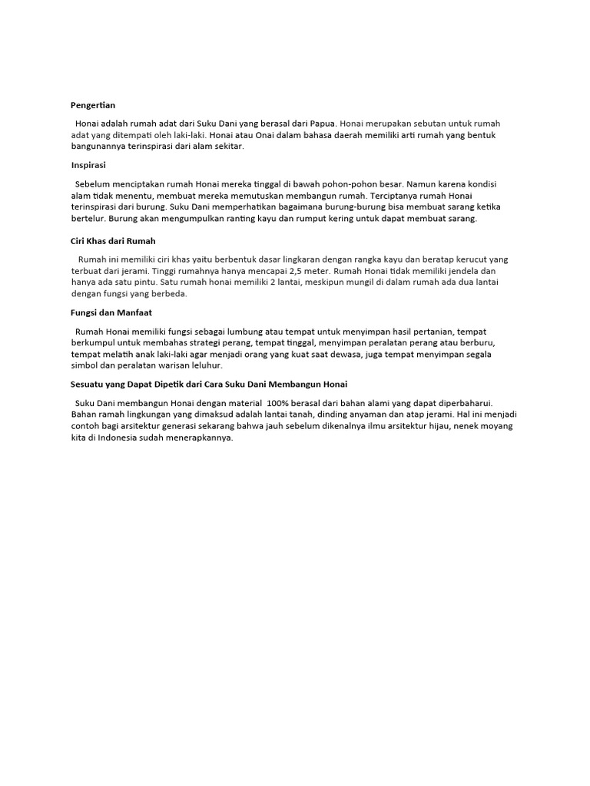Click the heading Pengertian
pyautogui.click(x=93, y=105)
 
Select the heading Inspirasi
pyautogui.click(x=88, y=165)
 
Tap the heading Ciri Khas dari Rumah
pyautogui.click(x=113, y=241)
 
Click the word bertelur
pyautogui.click(x=87, y=219)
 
